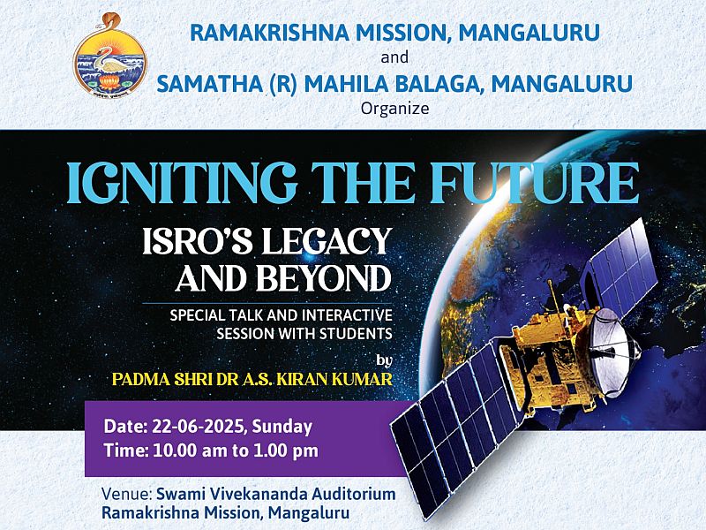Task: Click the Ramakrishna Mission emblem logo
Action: coord(109,55)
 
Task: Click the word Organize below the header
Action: coord(394,109)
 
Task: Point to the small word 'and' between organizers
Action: coord(394,57)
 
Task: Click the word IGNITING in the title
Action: coord(182,183)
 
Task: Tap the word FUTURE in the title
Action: coord(535,182)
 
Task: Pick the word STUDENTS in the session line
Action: coord(356,334)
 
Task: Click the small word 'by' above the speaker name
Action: coord(384,360)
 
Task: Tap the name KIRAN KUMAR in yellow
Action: coord(334,379)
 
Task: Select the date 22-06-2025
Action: coord(198,427)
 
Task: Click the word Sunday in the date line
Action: coord(282,427)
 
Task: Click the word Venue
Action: coord(126,494)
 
